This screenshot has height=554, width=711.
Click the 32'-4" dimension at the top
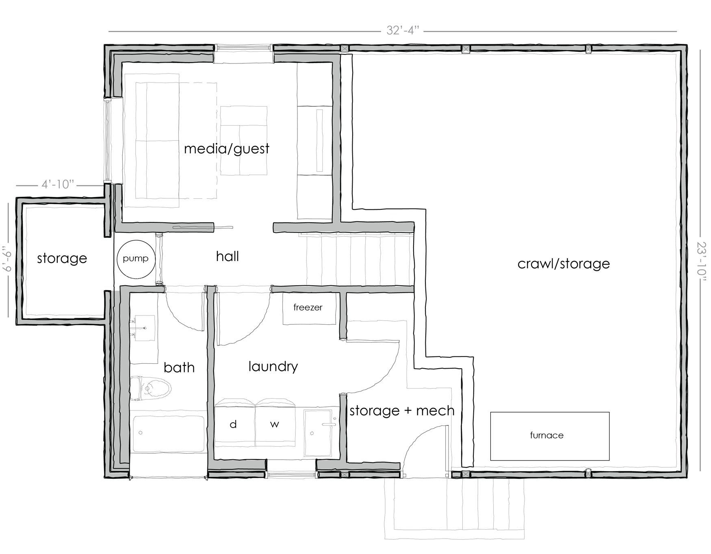point(403,30)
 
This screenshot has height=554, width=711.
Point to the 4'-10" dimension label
point(58,185)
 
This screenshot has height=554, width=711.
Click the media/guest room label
point(227,148)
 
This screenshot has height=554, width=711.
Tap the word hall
point(228,256)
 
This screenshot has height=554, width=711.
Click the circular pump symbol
point(136,259)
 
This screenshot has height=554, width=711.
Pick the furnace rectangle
point(550,436)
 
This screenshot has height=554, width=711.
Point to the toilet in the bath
point(151,388)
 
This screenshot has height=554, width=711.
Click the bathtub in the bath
point(168,432)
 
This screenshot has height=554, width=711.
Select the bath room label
point(179,367)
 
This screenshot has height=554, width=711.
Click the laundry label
point(273,367)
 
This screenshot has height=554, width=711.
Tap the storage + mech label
point(402,411)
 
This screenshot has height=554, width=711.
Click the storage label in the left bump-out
point(62,258)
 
